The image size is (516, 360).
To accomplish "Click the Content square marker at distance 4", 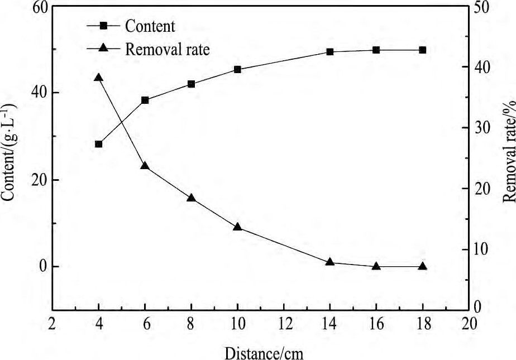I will tap(99, 144).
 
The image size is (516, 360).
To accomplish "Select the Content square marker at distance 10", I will tap(237, 70).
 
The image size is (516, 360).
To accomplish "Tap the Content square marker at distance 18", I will tap(423, 50).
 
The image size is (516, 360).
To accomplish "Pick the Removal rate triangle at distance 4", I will tap(99, 78).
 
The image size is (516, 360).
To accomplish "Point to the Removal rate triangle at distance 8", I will tap(191, 198).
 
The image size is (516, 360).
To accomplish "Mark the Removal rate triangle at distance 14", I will tap(330, 262).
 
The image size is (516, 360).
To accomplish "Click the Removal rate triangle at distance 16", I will tap(376, 266).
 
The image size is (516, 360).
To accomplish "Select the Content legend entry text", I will tap(150, 26).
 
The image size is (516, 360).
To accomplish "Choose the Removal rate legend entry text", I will tap(168, 49).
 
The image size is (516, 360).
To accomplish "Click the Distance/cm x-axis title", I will tap(265, 352).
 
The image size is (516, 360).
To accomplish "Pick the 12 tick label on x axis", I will tap(284, 324).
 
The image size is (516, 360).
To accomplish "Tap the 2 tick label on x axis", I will tap(52, 324).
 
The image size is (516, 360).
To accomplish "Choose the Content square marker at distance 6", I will tap(145, 100).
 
